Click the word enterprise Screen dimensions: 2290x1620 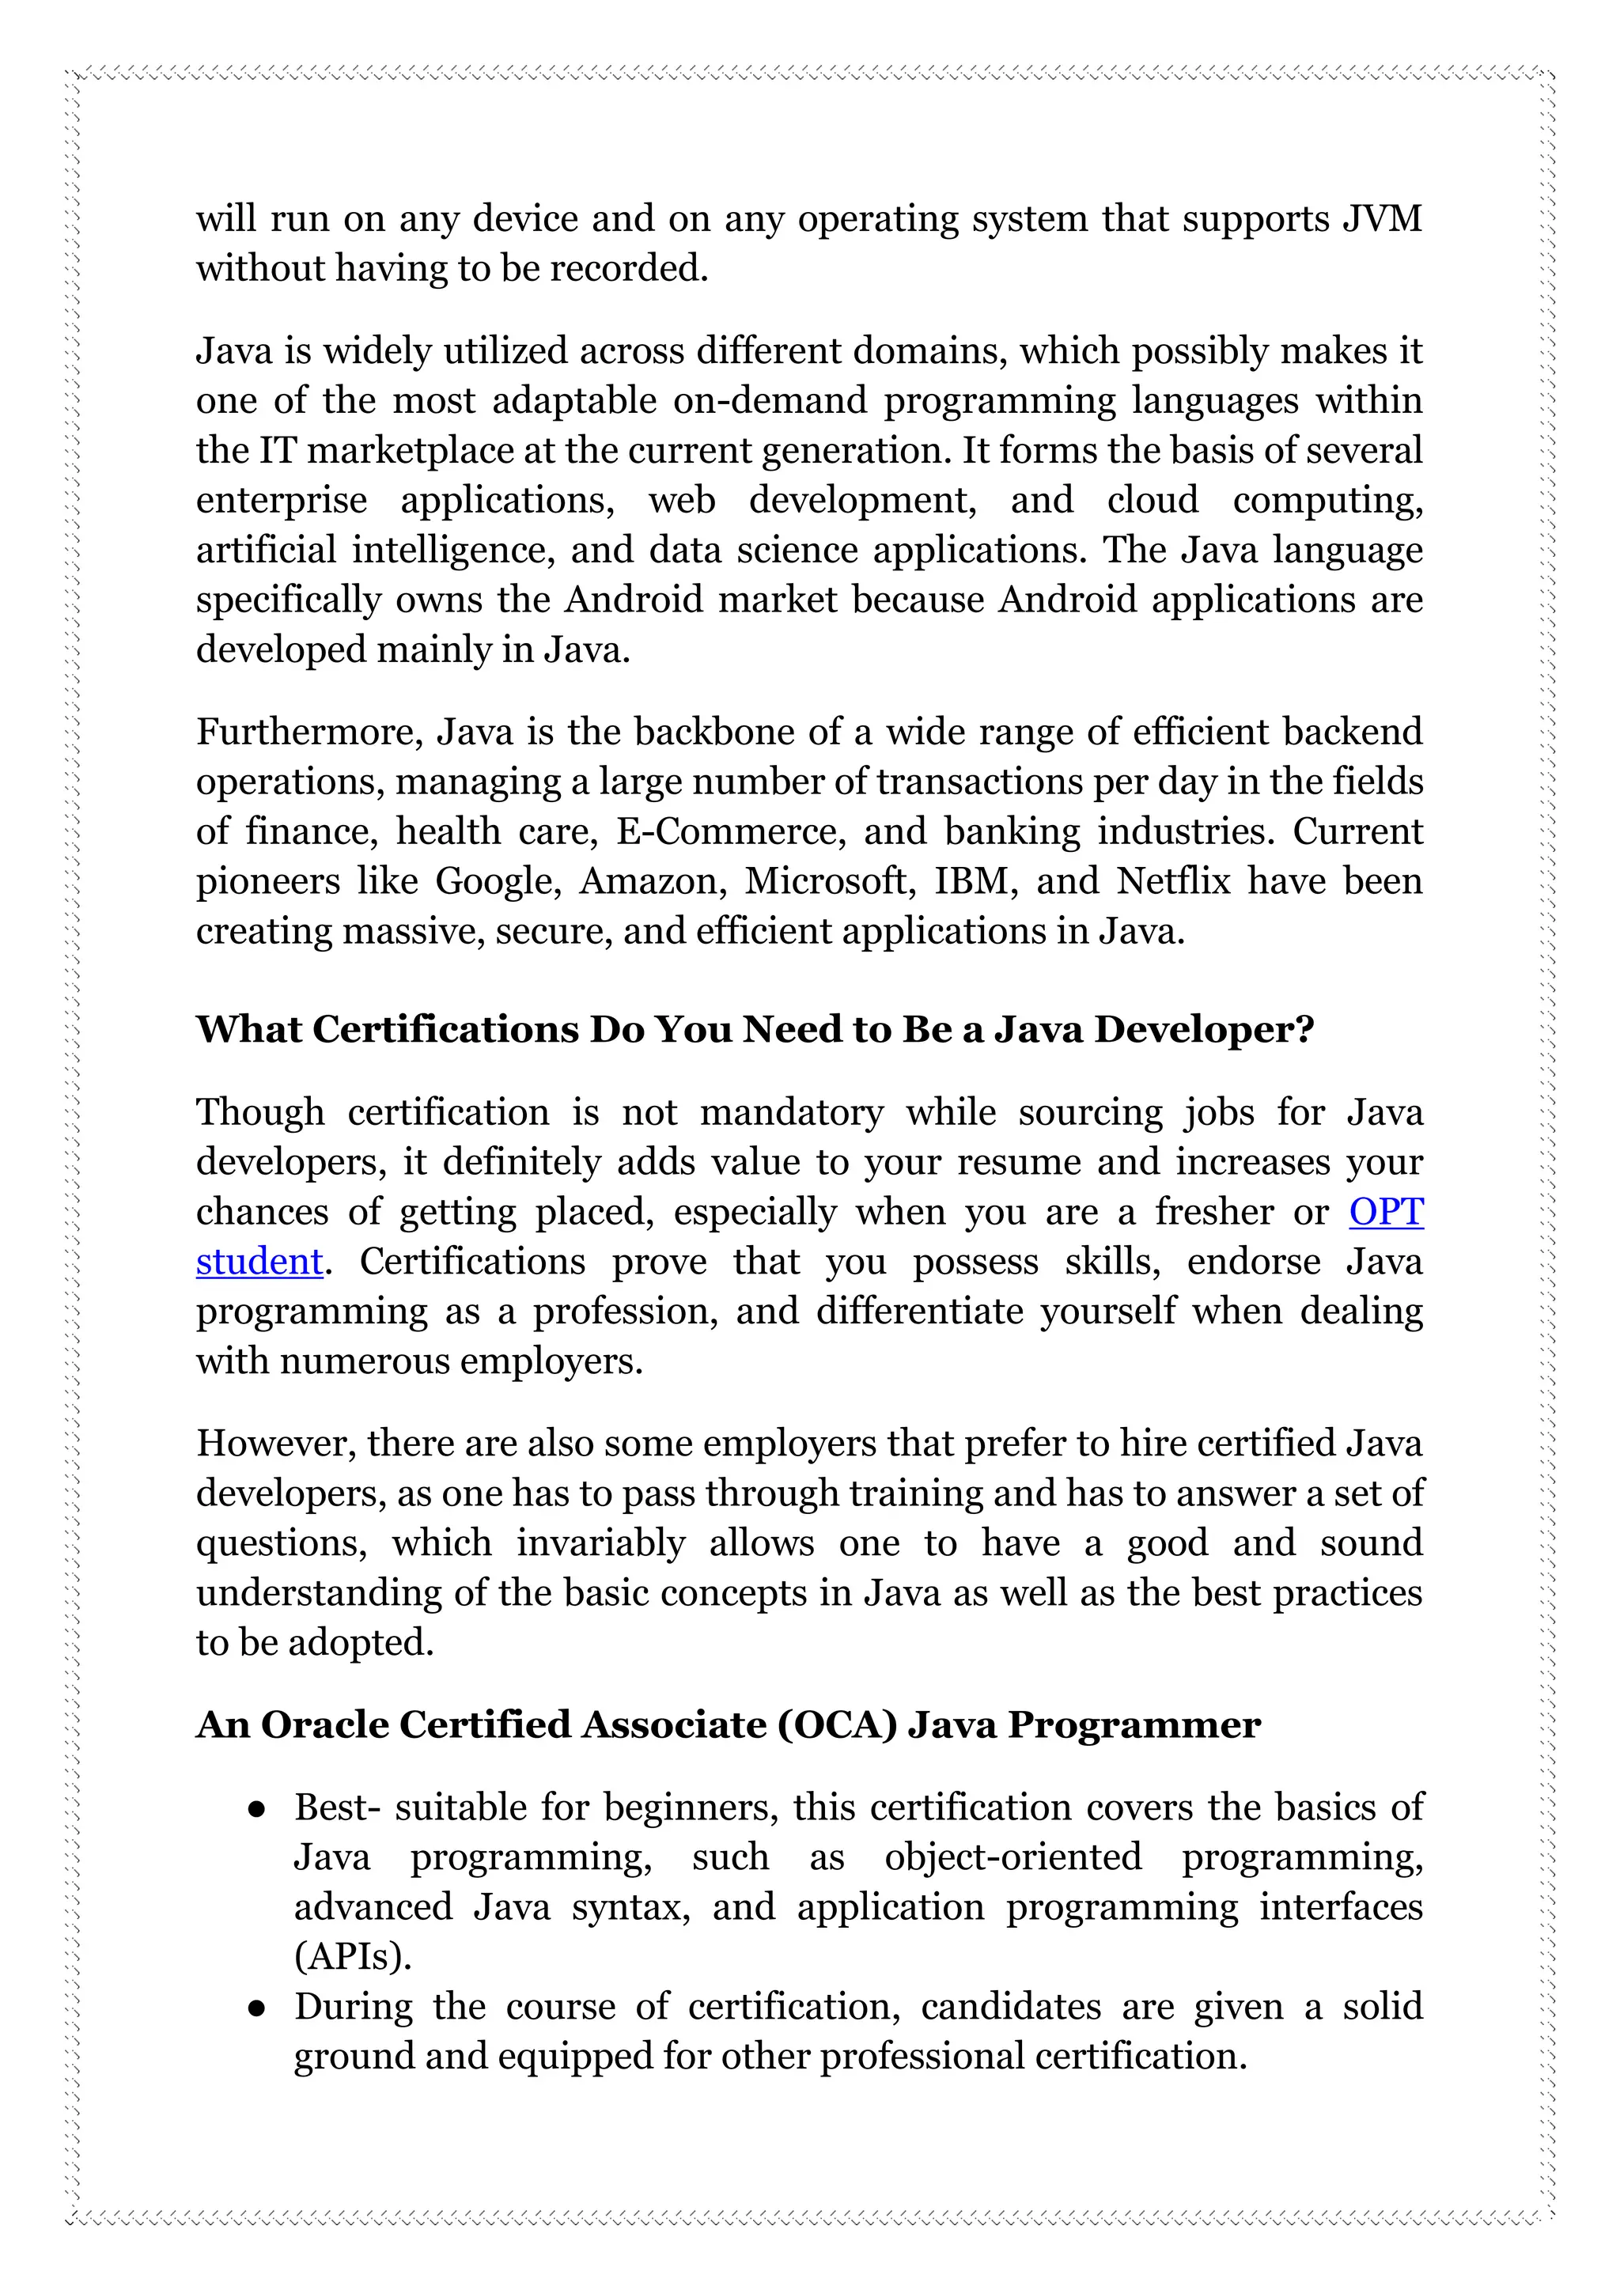pyautogui.click(x=282, y=501)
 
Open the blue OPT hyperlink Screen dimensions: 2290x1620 pyautogui.click(x=1386, y=1212)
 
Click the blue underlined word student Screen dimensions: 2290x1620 pyautogui.click(x=259, y=1262)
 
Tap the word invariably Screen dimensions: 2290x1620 pyautogui.click(x=600, y=1543)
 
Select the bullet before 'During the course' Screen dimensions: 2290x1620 pyautogui.click(x=256, y=2008)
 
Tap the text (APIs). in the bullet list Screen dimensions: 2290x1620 pyautogui.click(x=353, y=1957)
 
